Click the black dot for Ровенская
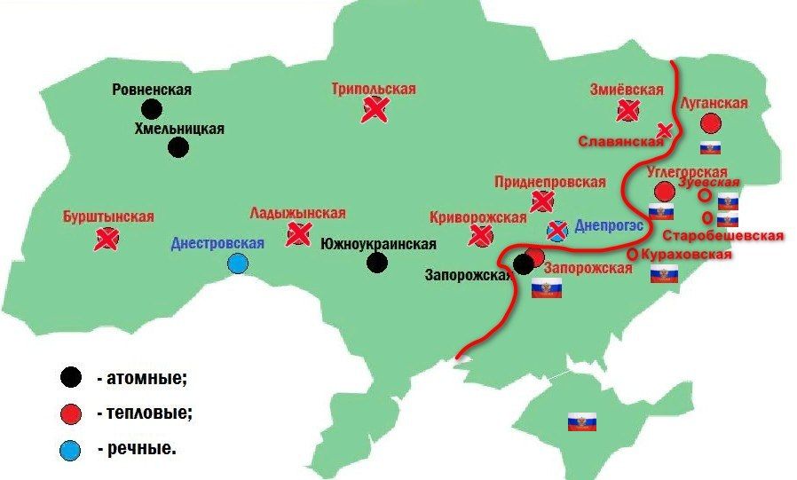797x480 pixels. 152,109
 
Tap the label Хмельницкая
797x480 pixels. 178,129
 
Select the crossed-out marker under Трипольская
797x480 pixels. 375,109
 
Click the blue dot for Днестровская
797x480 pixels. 237,263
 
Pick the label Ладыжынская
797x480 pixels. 297,214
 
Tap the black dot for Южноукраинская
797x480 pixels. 377,262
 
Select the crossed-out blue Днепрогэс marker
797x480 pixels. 556,231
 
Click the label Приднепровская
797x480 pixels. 550,182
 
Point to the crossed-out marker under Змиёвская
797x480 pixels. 628,110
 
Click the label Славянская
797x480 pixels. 621,141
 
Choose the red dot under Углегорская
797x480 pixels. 664,191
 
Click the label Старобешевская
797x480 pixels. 722,236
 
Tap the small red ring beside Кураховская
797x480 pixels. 631,255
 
